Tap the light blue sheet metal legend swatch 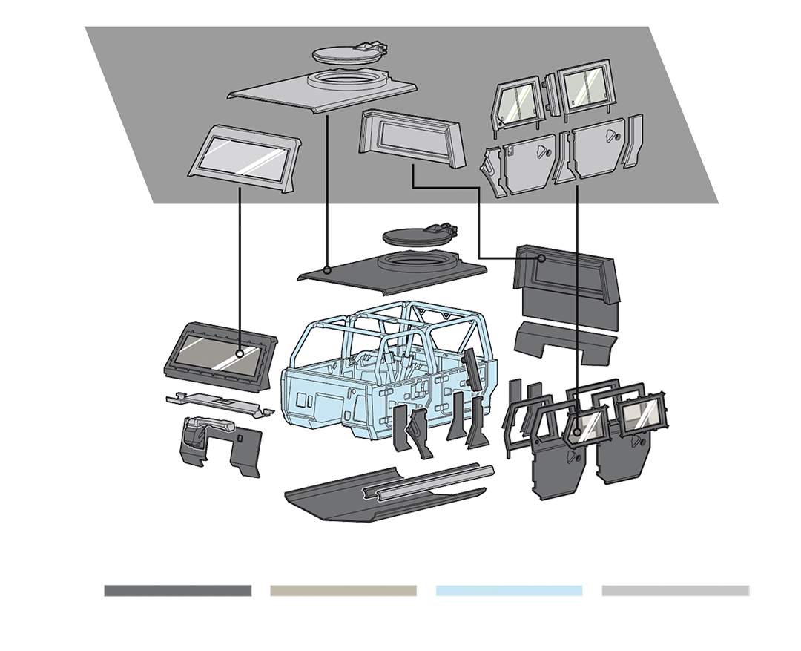[x=509, y=568]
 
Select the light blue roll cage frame [x=393, y=327]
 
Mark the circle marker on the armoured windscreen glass [x=240, y=353]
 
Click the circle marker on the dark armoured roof [x=327, y=269]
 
